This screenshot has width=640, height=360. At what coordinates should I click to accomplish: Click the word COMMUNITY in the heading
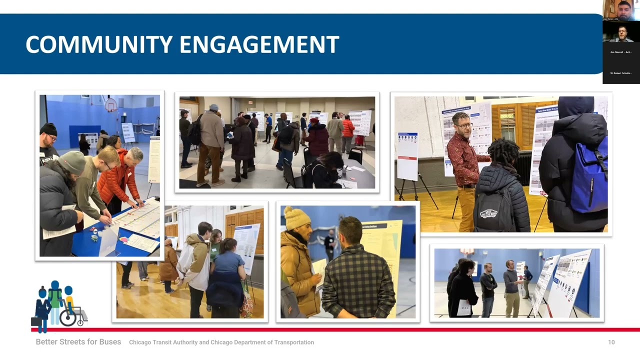[99, 44]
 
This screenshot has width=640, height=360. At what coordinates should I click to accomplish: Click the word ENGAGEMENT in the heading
[259, 44]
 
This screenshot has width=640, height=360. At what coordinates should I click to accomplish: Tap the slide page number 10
[611, 342]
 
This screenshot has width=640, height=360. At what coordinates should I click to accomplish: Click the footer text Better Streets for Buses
[78, 342]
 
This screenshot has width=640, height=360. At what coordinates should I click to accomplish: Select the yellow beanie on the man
[297, 218]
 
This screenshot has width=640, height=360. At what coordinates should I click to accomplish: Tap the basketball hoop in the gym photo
[110, 105]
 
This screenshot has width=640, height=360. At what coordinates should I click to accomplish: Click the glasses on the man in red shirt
[463, 125]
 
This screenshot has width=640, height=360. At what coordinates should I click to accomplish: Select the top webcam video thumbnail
[621, 10]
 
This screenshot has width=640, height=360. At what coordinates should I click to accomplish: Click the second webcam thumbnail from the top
[621, 32]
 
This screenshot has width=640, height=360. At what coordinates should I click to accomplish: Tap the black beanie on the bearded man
[48, 129]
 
